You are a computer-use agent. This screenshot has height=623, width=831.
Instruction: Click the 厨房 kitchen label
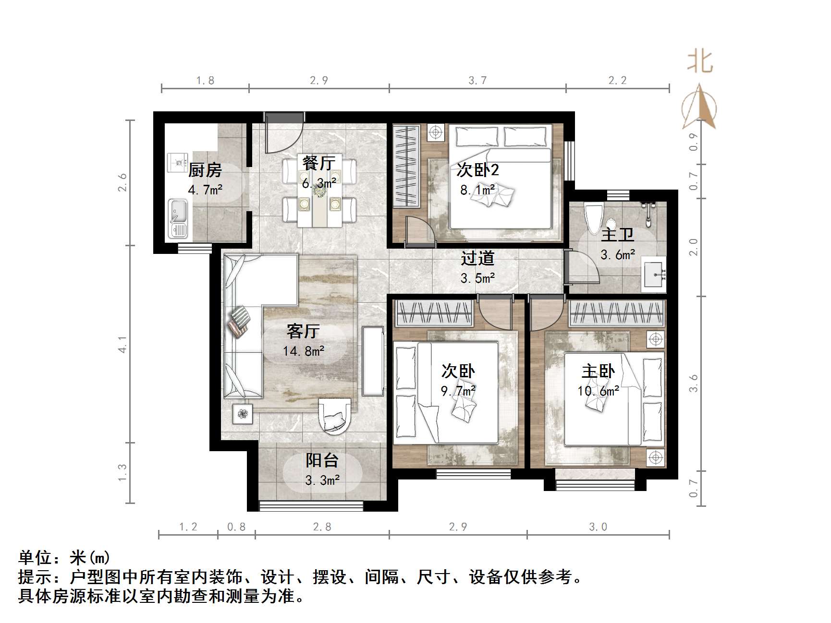(205, 170)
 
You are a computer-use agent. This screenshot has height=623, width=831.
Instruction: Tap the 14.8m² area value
(304, 351)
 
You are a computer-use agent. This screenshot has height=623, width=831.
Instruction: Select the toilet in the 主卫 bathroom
(593, 218)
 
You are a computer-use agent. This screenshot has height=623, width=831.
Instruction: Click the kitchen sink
(178, 218)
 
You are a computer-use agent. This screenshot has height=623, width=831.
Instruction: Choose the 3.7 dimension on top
(477, 80)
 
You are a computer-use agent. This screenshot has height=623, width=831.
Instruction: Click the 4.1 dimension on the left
(123, 344)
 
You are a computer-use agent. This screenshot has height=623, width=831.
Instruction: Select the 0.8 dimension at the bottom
(236, 527)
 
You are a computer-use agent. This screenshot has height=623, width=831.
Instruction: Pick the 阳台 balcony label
(322, 461)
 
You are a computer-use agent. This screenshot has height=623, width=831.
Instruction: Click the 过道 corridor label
(477, 258)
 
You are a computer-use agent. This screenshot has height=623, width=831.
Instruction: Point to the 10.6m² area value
(598, 391)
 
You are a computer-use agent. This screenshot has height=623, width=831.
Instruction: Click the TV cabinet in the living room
(373, 361)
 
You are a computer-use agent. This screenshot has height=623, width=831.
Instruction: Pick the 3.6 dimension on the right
(693, 383)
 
